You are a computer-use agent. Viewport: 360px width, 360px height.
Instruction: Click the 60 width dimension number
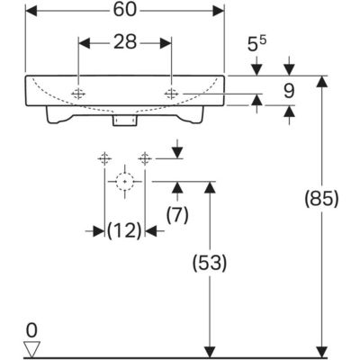pyautogui.click(x=125, y=11)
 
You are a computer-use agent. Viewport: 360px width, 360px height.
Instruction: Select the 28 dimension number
pyautogui.click(x=125, y=42)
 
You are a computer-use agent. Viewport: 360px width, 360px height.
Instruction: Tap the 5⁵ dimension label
pyautogui.click(x=257, y=44)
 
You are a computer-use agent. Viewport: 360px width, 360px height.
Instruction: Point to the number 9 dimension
pyautogui.click(x=289, y=91)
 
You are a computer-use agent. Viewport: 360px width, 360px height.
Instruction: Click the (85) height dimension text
pyautogui.click(x=321, y=199)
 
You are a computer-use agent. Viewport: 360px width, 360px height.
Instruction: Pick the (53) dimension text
pyautogui.click(x=210, y=263)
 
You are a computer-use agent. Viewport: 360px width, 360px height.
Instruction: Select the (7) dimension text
pyautogui.click(x=177, y=214)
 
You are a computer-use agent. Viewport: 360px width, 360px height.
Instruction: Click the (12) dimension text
pyautogui.click(x=124, y=231)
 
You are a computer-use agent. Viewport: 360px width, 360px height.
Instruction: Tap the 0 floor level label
pyautogui.click(x=31, y=330)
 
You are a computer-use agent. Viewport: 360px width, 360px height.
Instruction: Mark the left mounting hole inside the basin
pyautogui.click(x=78, y=94)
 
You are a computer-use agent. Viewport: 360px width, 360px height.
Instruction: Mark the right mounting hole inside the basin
pyautogui.click(x=171, y=94)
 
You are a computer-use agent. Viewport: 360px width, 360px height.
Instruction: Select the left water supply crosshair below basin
pyautogui.click(x=104, y=158)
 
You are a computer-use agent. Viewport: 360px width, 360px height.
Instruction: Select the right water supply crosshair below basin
pyautogui.click(x=145, y=158)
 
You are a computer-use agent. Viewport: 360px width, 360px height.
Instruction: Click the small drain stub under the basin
pyautogui.click(x=125, y=120)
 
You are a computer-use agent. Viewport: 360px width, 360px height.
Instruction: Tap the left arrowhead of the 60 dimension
pyautogui.click(x=31, y=11)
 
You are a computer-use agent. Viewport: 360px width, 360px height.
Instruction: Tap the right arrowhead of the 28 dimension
pyautogui.click(x=166, y=43)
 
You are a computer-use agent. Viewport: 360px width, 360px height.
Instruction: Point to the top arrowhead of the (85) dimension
pyautogui.click(x=322, y=82)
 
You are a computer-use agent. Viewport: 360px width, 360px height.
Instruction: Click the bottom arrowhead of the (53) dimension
pyautogui.click(x=210, y=352)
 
